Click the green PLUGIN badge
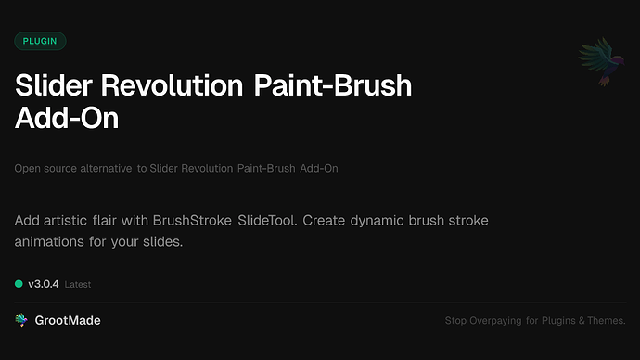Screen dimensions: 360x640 point(41,41)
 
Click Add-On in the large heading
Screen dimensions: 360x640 point(68,120)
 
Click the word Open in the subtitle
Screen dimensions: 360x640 point(27,169)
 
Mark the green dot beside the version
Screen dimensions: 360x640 point(19,283)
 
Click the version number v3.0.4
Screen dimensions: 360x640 point(44,283)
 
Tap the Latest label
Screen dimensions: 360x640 point(78,284)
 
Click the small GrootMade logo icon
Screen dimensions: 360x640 point(21,320)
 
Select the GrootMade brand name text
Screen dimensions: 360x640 point(68,320)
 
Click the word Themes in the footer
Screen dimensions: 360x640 point(606,322)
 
